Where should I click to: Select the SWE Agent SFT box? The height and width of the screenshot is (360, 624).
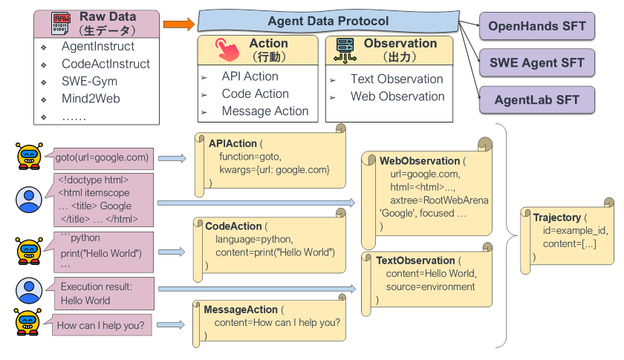click(x=537, y=63)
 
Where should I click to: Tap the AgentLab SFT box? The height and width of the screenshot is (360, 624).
click(x=537, y=99)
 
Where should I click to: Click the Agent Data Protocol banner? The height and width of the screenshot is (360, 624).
click(x=328, y=22)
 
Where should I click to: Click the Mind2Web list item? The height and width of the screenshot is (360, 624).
click(x=91, y=99)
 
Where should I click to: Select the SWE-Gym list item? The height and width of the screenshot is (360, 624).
click(x=89, y=82)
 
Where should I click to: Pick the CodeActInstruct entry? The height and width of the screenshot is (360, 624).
click(x=105, y=65)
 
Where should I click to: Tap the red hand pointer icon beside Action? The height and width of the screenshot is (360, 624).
click(x=226, y=50)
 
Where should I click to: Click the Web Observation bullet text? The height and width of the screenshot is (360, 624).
click(x=397, y=96)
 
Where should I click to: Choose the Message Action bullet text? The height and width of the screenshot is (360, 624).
click(x=264, y=111)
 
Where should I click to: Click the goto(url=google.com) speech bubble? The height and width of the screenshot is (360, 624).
click(x=103, y=157)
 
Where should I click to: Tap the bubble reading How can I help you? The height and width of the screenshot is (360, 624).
click(x=100, y=325)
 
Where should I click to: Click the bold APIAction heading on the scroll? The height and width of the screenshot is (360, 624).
click(x=233, y=143)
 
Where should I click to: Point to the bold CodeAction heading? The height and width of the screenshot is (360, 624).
click(x=233, y=226)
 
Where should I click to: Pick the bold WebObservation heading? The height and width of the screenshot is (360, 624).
click(x=420, y=160)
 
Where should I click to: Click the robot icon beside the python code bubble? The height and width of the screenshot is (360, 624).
click(x=28, y=250)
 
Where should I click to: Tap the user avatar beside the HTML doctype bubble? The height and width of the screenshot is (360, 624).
click(x=29, y=199)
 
